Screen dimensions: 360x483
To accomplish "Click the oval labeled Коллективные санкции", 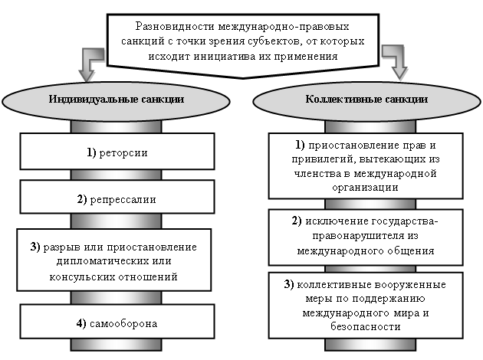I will coord(366,100).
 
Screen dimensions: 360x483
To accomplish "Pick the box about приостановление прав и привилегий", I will coord(366,165).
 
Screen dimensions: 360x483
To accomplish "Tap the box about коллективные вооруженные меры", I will coord(366,305).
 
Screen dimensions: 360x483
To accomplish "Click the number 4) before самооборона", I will coord(84,323).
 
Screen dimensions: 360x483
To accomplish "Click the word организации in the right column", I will coord(366,186).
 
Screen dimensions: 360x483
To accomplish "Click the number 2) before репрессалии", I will coord(85,199).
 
